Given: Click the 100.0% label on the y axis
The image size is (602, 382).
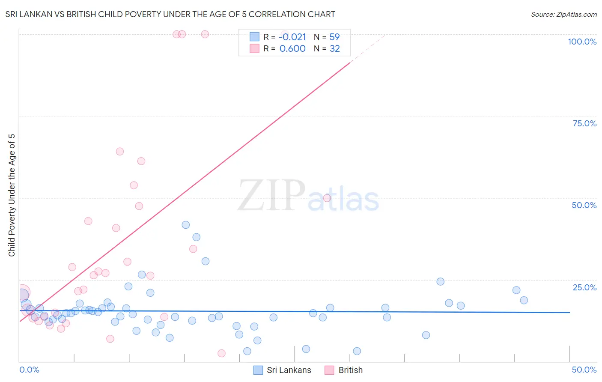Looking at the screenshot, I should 582,42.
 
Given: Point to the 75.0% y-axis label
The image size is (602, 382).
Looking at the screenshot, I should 584,123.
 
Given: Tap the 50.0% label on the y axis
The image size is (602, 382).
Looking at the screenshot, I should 584,205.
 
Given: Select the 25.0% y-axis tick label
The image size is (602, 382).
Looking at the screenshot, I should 584,287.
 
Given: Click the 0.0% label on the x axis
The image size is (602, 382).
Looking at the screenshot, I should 29,370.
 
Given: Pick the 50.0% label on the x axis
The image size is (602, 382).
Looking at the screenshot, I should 584,370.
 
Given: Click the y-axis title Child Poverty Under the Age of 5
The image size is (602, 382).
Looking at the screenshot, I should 12,195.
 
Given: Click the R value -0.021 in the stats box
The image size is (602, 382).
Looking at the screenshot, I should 292,37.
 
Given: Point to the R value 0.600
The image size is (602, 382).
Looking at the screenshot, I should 292,48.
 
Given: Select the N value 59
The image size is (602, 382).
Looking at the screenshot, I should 334,37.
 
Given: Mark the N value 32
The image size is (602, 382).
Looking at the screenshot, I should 334,48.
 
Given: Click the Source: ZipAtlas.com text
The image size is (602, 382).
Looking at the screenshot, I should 563,15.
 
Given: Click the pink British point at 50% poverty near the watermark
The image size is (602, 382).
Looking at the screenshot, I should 327,198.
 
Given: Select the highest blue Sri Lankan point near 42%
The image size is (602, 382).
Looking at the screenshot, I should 185,225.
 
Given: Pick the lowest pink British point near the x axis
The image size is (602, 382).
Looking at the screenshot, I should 221,353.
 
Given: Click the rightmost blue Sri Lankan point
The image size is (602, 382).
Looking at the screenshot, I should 524,300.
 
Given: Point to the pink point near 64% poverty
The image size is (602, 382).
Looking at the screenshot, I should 120,152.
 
